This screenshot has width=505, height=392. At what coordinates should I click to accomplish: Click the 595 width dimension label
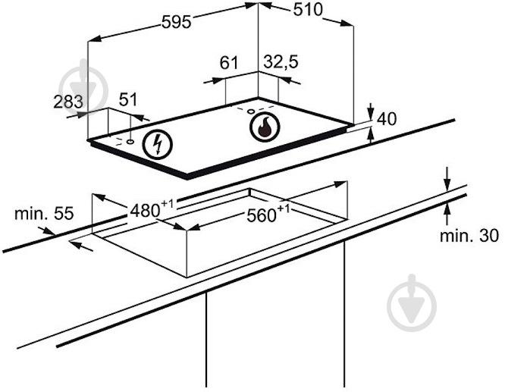(x=176, y=22)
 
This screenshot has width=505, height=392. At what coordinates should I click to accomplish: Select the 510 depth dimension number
(x=308, y=10)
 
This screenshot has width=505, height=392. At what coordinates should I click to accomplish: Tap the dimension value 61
(x=229, y=62)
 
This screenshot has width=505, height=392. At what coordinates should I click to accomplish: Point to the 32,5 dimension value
(x=281, y=62)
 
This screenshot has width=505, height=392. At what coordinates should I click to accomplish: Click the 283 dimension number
(x=68, y=102)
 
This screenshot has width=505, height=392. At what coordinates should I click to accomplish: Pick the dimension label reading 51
(x=128, y=99)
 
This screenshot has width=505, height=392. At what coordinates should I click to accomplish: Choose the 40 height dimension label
(x=387, y=119)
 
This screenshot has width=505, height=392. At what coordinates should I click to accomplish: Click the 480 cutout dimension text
(x=145, y=211)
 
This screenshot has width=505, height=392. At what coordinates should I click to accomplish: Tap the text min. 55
(x=44, y=213)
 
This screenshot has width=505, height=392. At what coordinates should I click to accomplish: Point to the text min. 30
(x=469, y=236)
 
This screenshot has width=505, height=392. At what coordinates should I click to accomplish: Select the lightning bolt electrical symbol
(x=158, y=145)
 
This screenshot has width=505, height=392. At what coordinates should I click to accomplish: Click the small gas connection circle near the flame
(x=250, y=111)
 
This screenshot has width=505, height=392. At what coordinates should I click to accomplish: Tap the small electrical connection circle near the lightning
(x=130, y=141)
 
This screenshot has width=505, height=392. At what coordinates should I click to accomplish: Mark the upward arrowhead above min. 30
(x=447, y=209)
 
